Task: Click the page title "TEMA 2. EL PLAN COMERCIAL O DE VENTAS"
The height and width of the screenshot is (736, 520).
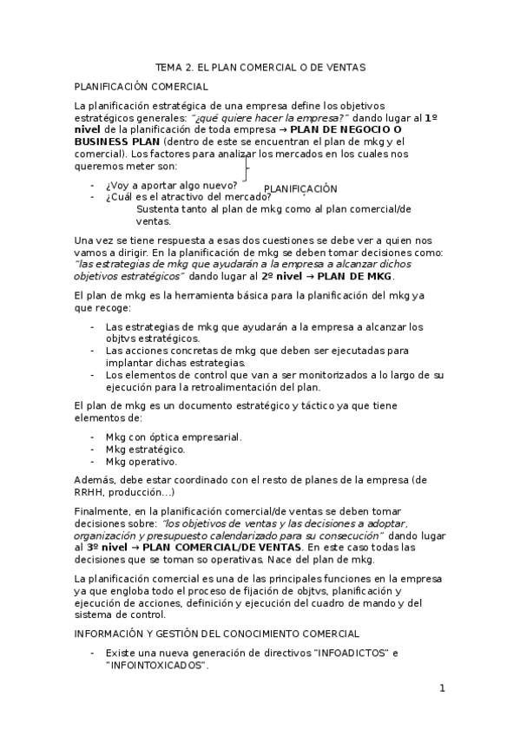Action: click(x=260, y=66)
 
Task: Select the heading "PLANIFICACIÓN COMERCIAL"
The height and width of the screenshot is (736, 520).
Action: click(x=141, y=87)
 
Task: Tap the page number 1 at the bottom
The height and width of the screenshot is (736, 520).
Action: click(x=442, y=688)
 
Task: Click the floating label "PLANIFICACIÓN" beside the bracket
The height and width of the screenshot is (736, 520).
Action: click(x=299, y=188)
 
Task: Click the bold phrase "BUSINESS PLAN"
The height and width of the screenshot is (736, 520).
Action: click(x=116, y=142)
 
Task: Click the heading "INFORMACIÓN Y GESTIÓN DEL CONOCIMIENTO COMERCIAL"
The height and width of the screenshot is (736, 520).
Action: click(x=217, y=634)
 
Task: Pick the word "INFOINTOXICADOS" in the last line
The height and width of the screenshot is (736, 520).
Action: click(x=156, y=665)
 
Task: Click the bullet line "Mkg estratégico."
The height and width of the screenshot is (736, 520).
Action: click(x=145, y=450)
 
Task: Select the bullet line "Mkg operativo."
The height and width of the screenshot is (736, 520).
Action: click(x=141, y=462)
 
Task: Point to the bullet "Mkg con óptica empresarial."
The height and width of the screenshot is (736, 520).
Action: click(x=174, y=437)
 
